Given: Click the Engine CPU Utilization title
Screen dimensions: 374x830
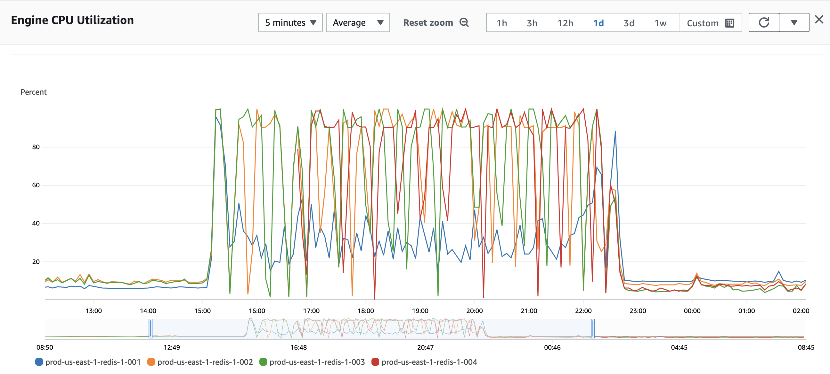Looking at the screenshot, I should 72,20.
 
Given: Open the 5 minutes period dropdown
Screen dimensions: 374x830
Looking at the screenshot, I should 290,22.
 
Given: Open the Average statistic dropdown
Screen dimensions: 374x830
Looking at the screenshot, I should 358,22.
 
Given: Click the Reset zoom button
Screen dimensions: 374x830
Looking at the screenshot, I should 435,22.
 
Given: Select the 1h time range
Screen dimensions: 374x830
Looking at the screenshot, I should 502,23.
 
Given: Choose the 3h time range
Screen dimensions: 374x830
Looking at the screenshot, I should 532,23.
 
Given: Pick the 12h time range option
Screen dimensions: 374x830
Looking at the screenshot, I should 565,23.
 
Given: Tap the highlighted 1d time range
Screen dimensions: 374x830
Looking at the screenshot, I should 598,23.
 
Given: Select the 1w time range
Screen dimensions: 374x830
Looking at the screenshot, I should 660,23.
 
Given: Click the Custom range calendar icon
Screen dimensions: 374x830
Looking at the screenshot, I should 729,23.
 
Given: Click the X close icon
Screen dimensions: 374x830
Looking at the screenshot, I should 819,19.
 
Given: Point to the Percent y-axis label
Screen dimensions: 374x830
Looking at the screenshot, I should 34,92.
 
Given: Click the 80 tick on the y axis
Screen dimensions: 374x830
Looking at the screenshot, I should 36,147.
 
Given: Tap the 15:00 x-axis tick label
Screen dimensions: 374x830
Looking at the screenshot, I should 202,311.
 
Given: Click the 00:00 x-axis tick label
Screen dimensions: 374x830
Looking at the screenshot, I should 692,311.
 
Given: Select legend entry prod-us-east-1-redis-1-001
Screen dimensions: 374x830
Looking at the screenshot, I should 93,362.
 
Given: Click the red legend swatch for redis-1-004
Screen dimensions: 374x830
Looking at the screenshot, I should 375,362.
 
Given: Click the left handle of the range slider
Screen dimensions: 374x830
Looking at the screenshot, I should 151,328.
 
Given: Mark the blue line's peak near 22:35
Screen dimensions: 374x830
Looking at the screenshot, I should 615,131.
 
